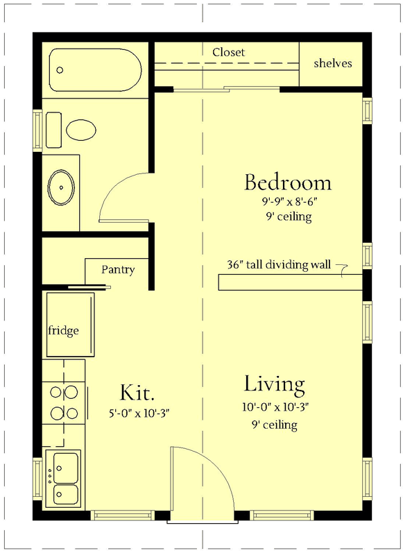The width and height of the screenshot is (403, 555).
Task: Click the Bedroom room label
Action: click(287, 183)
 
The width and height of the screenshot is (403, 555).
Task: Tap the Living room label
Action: click(274, 384)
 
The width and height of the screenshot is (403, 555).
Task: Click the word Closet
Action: click(228, 52)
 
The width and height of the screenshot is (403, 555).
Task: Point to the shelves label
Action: click(333, 63)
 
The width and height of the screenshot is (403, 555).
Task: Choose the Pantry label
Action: click(118, 270)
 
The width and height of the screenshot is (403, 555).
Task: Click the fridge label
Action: click(63, 330)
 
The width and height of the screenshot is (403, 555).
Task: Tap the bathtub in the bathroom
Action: click(94, 70)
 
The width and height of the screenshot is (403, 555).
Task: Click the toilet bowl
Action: click(81, 129)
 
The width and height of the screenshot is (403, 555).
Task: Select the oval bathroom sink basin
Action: click(62, 186)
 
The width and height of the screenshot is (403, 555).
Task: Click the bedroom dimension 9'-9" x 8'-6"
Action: click(287, 203)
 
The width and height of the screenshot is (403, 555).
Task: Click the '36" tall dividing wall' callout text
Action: click(278, 264)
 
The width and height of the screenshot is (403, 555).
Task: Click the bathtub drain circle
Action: click(60, 70)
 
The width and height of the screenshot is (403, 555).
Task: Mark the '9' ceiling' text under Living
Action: click(275, 425)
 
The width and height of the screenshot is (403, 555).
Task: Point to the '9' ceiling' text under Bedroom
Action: click(287, 217)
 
